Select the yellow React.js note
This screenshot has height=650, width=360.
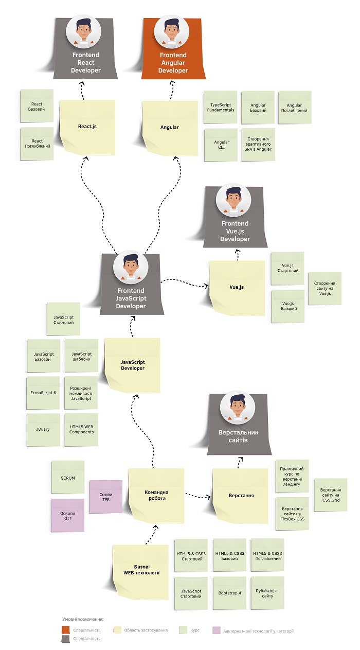pos(87,126)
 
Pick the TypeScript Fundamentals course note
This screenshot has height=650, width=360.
pos(221,107)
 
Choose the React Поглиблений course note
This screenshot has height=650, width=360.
pos(37,144)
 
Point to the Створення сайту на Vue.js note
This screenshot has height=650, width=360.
pos(325,289)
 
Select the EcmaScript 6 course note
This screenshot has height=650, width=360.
pos(44,392)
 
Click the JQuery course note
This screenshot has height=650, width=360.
pos(44,429)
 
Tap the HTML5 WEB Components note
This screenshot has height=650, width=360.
pos(82,429)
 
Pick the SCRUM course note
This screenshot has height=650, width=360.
pos(68,478)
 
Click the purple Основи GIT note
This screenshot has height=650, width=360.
pos(67,515)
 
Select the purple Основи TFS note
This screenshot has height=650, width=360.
pos(105,497)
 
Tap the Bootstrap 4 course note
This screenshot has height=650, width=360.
pos(229,593)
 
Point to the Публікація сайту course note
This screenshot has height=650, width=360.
pos(267,593)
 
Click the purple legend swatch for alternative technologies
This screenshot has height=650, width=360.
pos(217,630)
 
